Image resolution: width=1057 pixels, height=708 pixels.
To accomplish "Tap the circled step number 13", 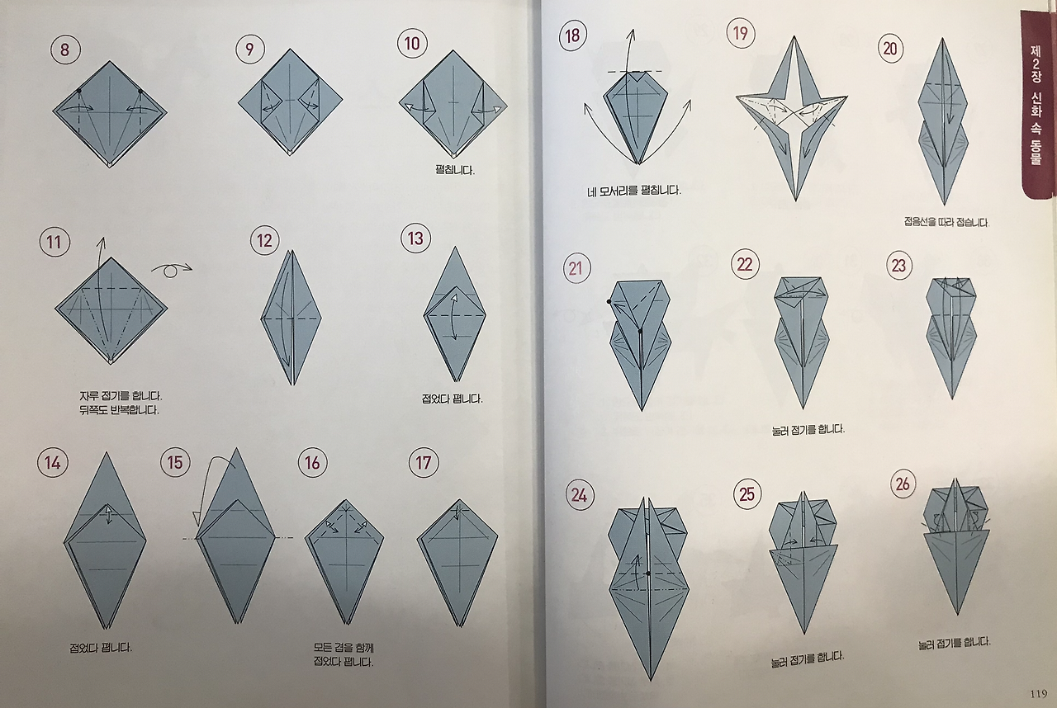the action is tap(415, 238).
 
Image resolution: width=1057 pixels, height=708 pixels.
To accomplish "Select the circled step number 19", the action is tap(741, 34).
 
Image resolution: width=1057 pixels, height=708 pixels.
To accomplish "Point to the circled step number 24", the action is tap(580, 495).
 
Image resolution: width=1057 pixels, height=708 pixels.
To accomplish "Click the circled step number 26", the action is tap(903, 484).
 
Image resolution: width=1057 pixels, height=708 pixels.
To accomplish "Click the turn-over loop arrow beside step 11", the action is tap(172, 269).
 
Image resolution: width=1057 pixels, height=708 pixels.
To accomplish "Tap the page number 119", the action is tap(1039, 694).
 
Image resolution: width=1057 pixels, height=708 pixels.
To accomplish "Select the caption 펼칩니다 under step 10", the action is tap(455, 170).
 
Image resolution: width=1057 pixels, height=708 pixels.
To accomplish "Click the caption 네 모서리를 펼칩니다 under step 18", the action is tap(633, 191).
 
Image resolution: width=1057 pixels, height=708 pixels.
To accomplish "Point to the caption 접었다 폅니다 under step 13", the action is tap(452, 399).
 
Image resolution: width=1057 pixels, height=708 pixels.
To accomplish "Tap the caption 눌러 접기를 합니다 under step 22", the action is tap(808, 430).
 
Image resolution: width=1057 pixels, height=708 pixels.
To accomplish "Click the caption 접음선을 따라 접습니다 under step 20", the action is tap(946, 221).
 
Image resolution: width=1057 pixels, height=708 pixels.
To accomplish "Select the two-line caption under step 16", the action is tap(343, 654).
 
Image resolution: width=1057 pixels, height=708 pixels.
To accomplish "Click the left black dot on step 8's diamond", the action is tap(78, 91).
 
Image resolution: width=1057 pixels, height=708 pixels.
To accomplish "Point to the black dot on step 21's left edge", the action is tap(609, 301).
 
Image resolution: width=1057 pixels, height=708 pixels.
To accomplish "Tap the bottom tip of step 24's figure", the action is tap(650, 681).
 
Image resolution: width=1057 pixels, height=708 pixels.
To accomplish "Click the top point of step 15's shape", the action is tap(236, 448).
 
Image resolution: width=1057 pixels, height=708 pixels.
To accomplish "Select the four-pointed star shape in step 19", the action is tap(792, 118).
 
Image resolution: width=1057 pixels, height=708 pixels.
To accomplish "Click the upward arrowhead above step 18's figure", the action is tap(633, 33).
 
